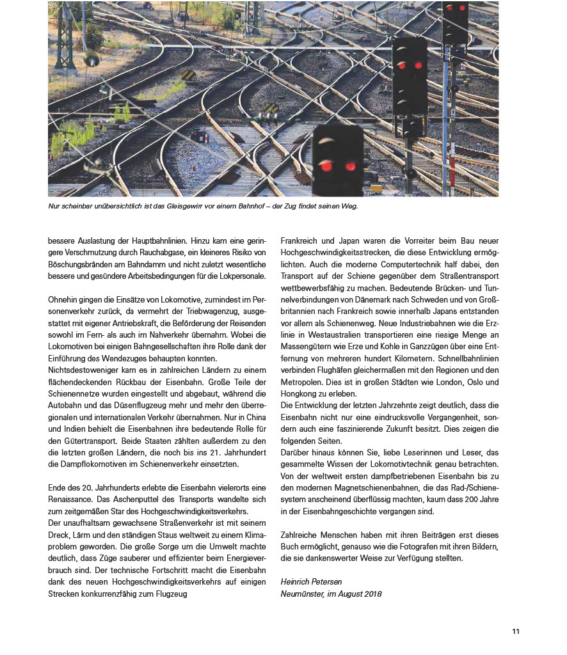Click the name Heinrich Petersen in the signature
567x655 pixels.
[x=312, y=581]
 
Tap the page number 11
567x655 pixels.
[x=515, y=632]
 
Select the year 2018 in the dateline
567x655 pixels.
[x=372, y=594]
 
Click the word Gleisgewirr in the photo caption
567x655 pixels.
[x=181, y=207]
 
